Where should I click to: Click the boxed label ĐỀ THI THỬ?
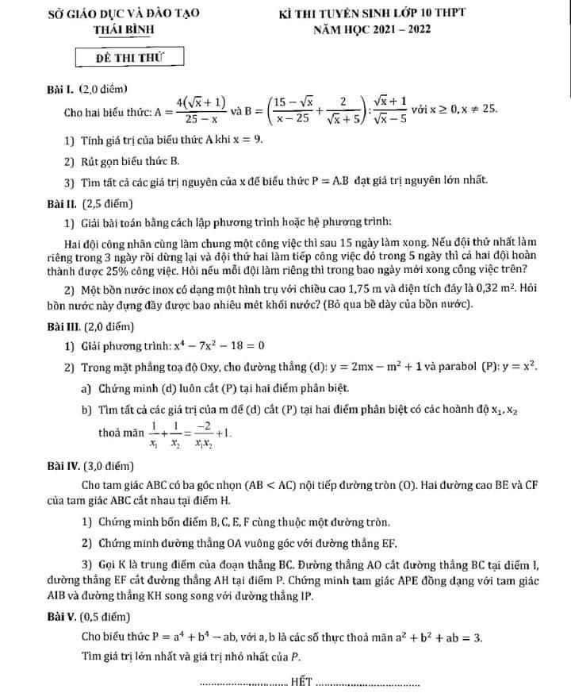coord(128,58)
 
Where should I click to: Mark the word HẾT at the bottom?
coord(302,680)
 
